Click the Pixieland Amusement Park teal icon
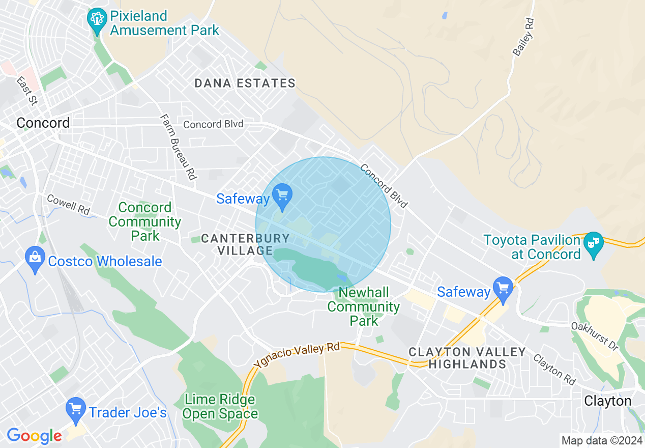[x=97, y=20]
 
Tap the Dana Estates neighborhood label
[x=245, y=83]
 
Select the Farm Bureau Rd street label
[x=178, y=147]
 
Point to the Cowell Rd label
[x=68, y=204]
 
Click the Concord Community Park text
[x=145, y=221]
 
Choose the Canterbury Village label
[x=246, y=244]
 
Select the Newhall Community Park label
[x=364, y=306]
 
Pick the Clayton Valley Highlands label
[x=467, y=358]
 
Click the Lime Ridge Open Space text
[x=220, y=406]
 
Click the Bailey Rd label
[x=524, y=37]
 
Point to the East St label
[x=27, y=91]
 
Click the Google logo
[x=34, y=436]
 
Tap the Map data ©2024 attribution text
[x=601, y=440]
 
